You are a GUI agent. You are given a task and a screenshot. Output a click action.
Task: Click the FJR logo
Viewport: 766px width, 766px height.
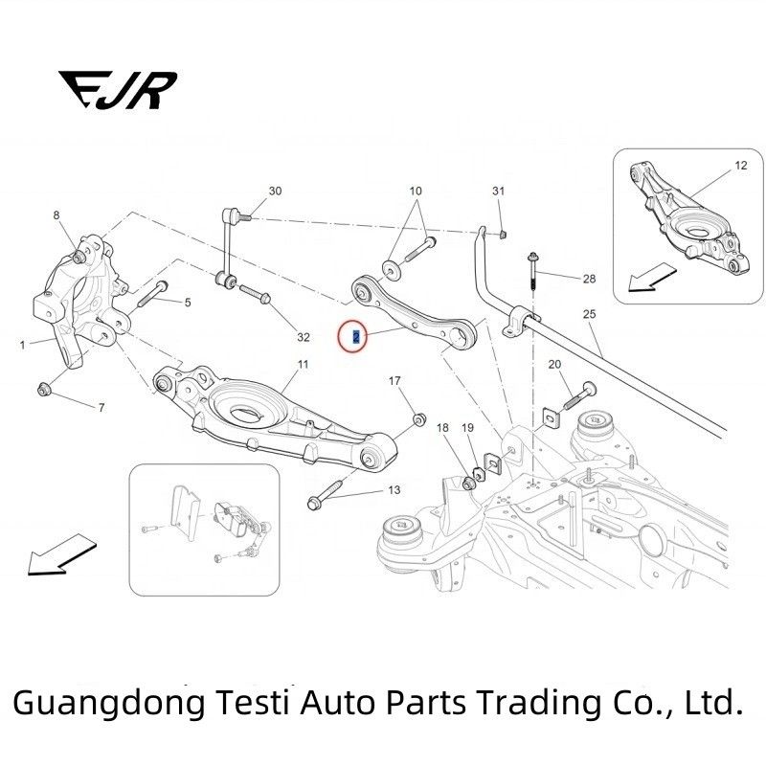coord(118,90)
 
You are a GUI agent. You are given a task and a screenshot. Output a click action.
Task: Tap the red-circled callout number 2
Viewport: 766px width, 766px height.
coord(356,337)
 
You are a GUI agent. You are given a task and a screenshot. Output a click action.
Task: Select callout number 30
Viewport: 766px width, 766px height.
coord(275,191)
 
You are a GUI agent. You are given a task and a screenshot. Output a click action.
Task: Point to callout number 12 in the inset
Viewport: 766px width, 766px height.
coord(740,166)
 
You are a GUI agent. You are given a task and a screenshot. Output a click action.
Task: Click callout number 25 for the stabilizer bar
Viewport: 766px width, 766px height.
coord(589,313)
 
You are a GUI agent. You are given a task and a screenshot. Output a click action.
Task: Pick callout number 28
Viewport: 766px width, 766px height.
coord(589,279)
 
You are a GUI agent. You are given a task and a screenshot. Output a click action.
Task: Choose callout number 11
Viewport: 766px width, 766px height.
coord(303,365)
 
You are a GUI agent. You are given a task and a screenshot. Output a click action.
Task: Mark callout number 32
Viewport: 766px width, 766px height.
coord(304,337)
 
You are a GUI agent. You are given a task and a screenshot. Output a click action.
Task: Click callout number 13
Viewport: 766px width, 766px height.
coord(394,489)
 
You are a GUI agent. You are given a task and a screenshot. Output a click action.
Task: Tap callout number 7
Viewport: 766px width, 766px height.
coord(101,408)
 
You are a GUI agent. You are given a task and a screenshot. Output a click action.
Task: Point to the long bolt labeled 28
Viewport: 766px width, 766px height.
coord(532,271)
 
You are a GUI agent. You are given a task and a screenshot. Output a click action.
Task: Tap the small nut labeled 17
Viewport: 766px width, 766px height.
coord(419,419)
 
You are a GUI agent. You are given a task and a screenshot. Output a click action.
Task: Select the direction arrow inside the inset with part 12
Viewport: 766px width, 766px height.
coord(652,277)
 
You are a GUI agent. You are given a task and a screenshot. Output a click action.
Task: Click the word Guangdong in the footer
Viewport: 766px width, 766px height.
coord(108,704)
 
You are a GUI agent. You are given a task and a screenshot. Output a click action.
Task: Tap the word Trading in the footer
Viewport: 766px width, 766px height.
coord(539,704)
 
